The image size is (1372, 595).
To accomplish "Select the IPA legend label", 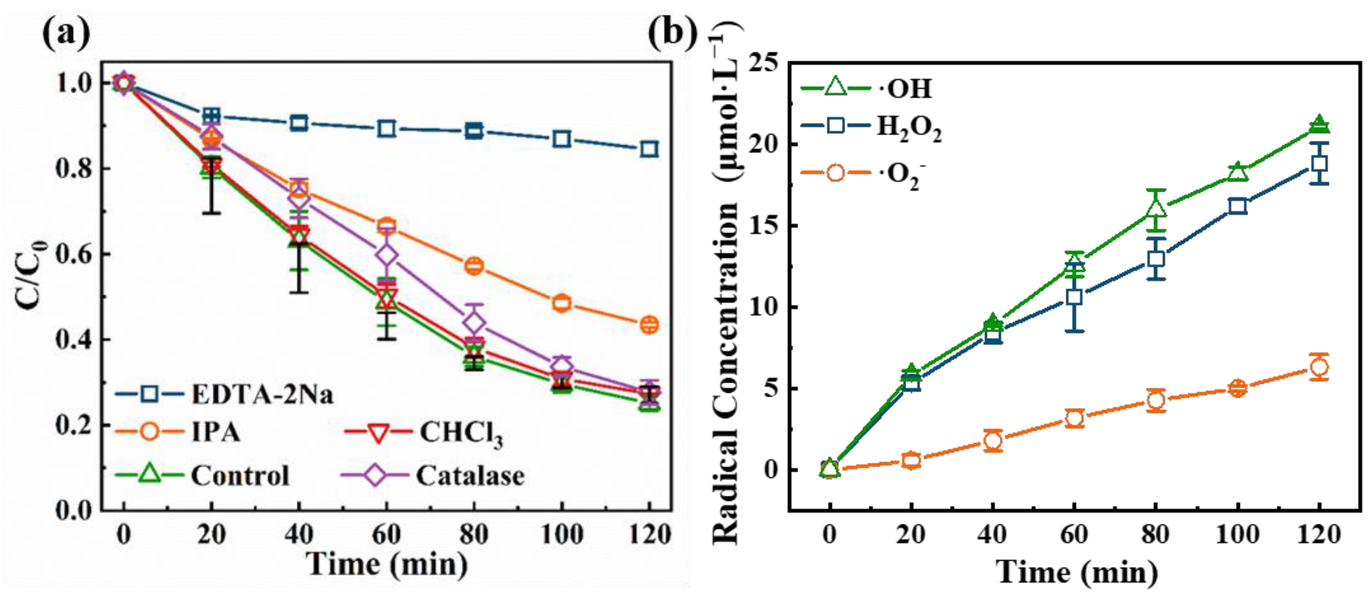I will tap(215, 431).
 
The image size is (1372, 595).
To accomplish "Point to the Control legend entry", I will tap(240, 475).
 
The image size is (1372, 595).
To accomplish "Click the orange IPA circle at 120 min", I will tap(649, 324).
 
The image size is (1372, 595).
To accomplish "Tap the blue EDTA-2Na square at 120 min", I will tap(649, 149).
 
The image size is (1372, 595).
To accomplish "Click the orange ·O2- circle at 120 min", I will tap(1319, 367).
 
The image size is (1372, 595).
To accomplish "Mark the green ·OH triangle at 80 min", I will tap(1156, 209).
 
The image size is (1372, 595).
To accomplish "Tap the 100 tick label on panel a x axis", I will tap(561, 534).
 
